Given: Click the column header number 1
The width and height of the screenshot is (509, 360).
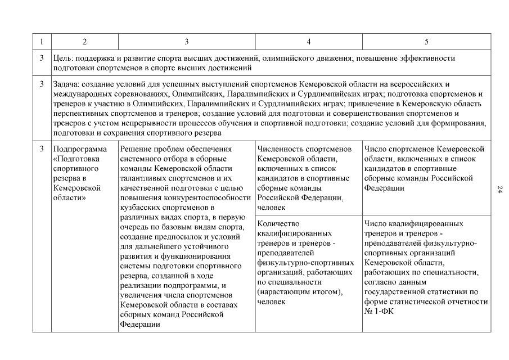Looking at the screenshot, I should click(x=42, y=42).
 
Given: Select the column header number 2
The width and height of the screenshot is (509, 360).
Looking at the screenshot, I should click(x=84, y=42).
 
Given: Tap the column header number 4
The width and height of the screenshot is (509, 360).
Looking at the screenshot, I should click(x=309, y=42).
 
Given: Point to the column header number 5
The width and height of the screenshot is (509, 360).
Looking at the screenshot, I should click(x=426, y=42).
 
